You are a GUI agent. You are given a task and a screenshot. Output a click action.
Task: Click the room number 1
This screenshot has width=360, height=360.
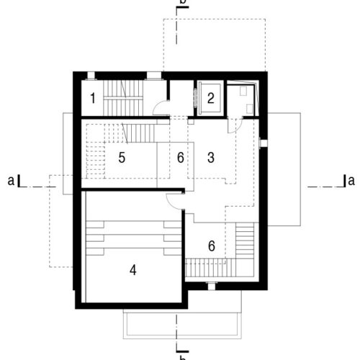pyautogui.click(x=93, y=98)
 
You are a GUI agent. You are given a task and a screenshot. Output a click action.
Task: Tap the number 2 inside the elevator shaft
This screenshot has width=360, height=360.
pyautogui.click(x=210, y=98)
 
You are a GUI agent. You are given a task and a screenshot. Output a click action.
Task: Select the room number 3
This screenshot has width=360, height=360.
pyautogui.click(x=211, y=158)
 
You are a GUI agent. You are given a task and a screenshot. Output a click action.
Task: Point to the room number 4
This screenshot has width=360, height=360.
pyautogui.click(x=133, y=270)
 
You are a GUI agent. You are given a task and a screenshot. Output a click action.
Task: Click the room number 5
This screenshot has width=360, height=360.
pyautogui.click(x=122, y=158)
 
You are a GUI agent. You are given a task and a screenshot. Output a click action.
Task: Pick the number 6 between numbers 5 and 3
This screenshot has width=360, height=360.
pyautogui.click(x=181, y=158)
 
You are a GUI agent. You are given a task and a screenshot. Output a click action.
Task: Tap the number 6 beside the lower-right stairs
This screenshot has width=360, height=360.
pyautogui.click(x=212, y=246)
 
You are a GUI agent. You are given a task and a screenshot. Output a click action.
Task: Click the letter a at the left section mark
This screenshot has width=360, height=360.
pyautogui.click(x=11, y=181)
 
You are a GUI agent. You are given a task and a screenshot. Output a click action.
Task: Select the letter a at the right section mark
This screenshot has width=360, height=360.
pyautogui.click(x=351, y=181)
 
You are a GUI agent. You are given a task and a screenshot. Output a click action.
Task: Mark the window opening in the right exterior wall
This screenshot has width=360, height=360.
pyautogui.click(x=264, y=143)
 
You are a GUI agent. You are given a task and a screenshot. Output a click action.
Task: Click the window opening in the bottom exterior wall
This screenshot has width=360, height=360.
pyautogui.click(x=212, y=287)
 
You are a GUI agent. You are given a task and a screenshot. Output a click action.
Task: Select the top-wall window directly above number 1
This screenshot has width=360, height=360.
pyautogui.click(x=91, y=76)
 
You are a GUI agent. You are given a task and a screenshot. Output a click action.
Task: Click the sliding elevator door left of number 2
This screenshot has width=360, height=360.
pyautogui.click(x=195, y=98)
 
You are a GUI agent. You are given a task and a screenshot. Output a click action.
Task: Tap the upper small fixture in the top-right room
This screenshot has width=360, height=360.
pyautogui.click(x=244, y=91)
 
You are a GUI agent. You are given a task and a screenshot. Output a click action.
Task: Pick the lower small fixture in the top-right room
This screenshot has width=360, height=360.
pyautogui.click(x=250, y=109)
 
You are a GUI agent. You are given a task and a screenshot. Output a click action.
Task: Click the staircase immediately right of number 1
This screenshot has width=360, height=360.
pyautogui.click(x=123, y=98)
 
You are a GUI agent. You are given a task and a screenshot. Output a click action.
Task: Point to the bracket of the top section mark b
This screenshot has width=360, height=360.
pyautogui.click(x=182, y=7)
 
